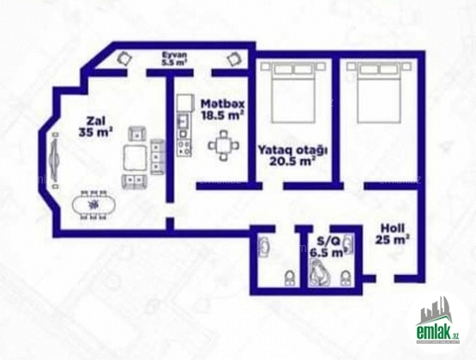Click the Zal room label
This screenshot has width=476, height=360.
pos(95,121)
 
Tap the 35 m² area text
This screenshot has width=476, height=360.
pos(95,133)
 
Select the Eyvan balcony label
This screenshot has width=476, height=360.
pos(174,55)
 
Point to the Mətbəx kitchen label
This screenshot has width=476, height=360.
pos(222,104)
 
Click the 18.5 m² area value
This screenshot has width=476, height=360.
pos(223,116)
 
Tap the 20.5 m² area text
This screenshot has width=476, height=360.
pos(292,162)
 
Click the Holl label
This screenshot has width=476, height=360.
pos(393,228)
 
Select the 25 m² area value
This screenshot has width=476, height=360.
pos(392,240)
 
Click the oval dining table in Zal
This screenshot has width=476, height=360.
pos(93,206)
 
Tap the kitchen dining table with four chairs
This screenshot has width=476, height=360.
pos(224,146)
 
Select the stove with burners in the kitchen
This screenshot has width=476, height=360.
pos(184,147)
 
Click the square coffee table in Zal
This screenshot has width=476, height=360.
pos(135,157)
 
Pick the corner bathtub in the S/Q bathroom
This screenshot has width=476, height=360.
pos(319,273)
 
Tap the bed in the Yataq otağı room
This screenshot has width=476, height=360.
pos(292,93)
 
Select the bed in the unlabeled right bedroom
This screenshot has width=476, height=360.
pos(378,93)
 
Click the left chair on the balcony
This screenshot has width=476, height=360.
pos(124,58)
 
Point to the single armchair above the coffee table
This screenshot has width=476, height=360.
pos(137,134)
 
